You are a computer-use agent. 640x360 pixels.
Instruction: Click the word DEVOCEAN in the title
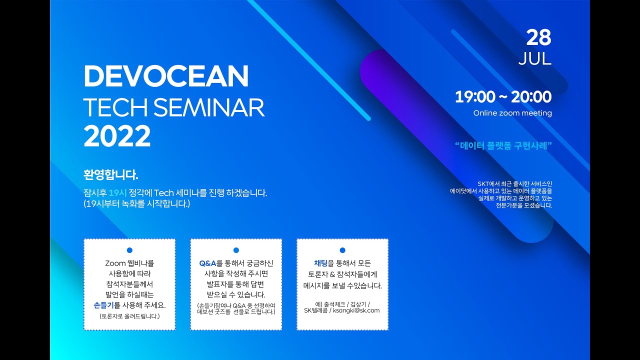(x=166, y=76)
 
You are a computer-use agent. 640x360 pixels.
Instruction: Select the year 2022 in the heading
(x=117, y=136)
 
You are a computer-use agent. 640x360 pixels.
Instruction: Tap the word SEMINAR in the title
(x=209, y=107)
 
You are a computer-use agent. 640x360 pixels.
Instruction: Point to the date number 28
(x=538, y=37)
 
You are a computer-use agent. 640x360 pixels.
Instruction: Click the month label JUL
(x=535, y=59)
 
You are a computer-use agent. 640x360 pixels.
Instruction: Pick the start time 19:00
(x=475, y=97)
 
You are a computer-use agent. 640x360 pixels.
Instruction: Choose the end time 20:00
(x=531, y=97)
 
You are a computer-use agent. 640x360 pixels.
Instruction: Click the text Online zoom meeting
(x=512, y=113)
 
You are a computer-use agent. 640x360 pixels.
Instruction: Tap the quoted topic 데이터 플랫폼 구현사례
(x=503, y=145)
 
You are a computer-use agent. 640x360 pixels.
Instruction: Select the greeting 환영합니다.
(x=111, y=174)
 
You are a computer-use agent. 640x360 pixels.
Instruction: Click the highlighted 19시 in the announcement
(x=117, y=193)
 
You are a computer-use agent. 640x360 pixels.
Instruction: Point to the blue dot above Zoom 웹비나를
(x=129, y=250)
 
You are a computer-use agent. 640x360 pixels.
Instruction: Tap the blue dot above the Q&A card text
(x=236, y=250)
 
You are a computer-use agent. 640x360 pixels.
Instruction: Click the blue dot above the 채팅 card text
(x=342, y=250)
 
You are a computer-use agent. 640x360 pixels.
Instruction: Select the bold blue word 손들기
(x=103, y=305)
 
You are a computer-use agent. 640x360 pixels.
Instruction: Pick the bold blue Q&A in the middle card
(x=207, y=263)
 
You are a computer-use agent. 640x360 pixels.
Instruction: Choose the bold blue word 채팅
(x=320, y=263)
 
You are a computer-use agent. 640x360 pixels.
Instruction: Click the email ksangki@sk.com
(x=356, y=310)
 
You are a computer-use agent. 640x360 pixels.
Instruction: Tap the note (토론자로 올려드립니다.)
(x=129, y=316)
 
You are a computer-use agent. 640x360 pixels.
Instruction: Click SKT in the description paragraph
(x=483, y=183)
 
